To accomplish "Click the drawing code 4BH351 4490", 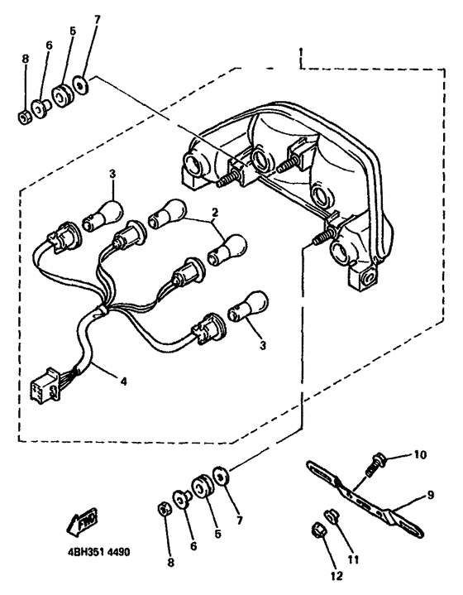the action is tap(98, 551).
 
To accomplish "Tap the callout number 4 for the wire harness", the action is tap(123, 381).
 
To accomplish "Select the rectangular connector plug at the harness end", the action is tap(45, 385).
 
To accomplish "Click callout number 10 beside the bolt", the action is tap(420, 454).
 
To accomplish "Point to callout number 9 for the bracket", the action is tap(430, 495).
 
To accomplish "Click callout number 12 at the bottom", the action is tap(337, 576).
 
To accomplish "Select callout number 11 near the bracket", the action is tap(353, 559).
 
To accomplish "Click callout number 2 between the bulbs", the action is tap(214, 213).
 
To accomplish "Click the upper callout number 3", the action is tap(112, 174).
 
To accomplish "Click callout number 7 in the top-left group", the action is tap(98, 18).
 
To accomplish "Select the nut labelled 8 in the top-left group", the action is tap(25, 118).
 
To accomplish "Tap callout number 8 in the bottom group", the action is tap(170, 563).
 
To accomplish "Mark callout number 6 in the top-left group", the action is tap(49, 46).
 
